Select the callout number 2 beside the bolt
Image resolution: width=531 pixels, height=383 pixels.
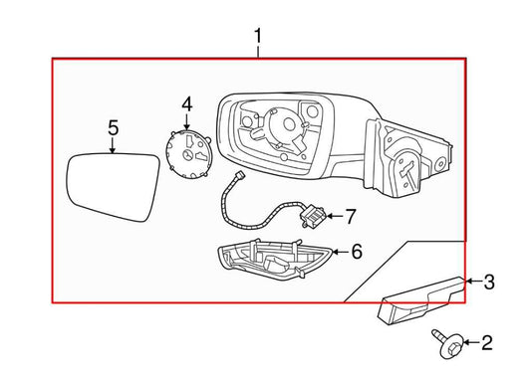[487, 344]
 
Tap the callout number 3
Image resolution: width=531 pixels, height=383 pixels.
[488, 283]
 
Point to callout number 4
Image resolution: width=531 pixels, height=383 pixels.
[187, 103]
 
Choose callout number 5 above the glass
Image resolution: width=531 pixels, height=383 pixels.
[113, 126]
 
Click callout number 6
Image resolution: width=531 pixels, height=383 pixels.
[357, 254]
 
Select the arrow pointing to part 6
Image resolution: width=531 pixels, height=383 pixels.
[339, 254]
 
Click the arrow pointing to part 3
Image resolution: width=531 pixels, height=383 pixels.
[472, 283]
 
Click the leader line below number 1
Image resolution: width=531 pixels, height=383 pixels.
[258, 53]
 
